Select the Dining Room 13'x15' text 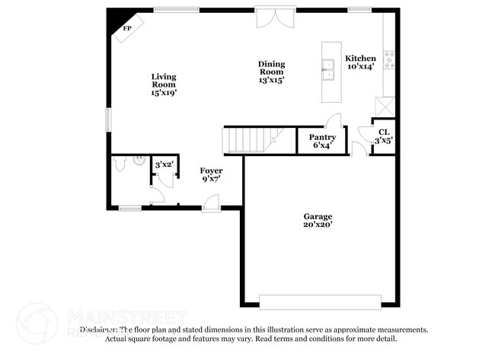[271, 72]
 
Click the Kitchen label [360, 62]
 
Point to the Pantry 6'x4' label [321, 142]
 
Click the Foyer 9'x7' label [211, 175]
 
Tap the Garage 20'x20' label [318, 220]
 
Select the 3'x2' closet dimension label [164, 164]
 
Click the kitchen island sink [329, 69]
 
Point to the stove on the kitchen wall [390, 59]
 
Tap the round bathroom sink [139, 160]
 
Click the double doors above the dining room [273, 18]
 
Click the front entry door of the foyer [211, 203]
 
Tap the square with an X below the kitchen [384, 107]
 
